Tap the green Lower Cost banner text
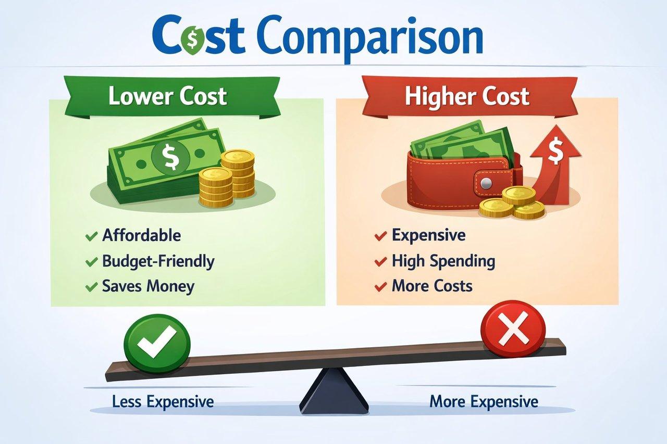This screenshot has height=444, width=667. [x=168, y=96]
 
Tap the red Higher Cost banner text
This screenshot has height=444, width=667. [x=467, y=96]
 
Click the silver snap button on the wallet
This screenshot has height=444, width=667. [x=486, y=183]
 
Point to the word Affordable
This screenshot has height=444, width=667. [x=141, y=235]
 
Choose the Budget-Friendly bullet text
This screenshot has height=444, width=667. [x=158, y=261]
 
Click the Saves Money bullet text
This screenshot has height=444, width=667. [x=149, y=286]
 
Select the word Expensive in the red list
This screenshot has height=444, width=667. [x=428, y=235]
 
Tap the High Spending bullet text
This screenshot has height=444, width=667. [x=443, y=261]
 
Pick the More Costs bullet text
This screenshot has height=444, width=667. [x=432, y=286]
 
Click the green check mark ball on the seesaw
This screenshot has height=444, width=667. [x=157, y=345]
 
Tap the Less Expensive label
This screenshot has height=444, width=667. [x=163, y=402]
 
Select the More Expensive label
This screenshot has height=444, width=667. [x=484, y=402]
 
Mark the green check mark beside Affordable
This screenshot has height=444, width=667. [x=91, y=236]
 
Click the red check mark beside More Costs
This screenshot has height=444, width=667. [x=381, y=287]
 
